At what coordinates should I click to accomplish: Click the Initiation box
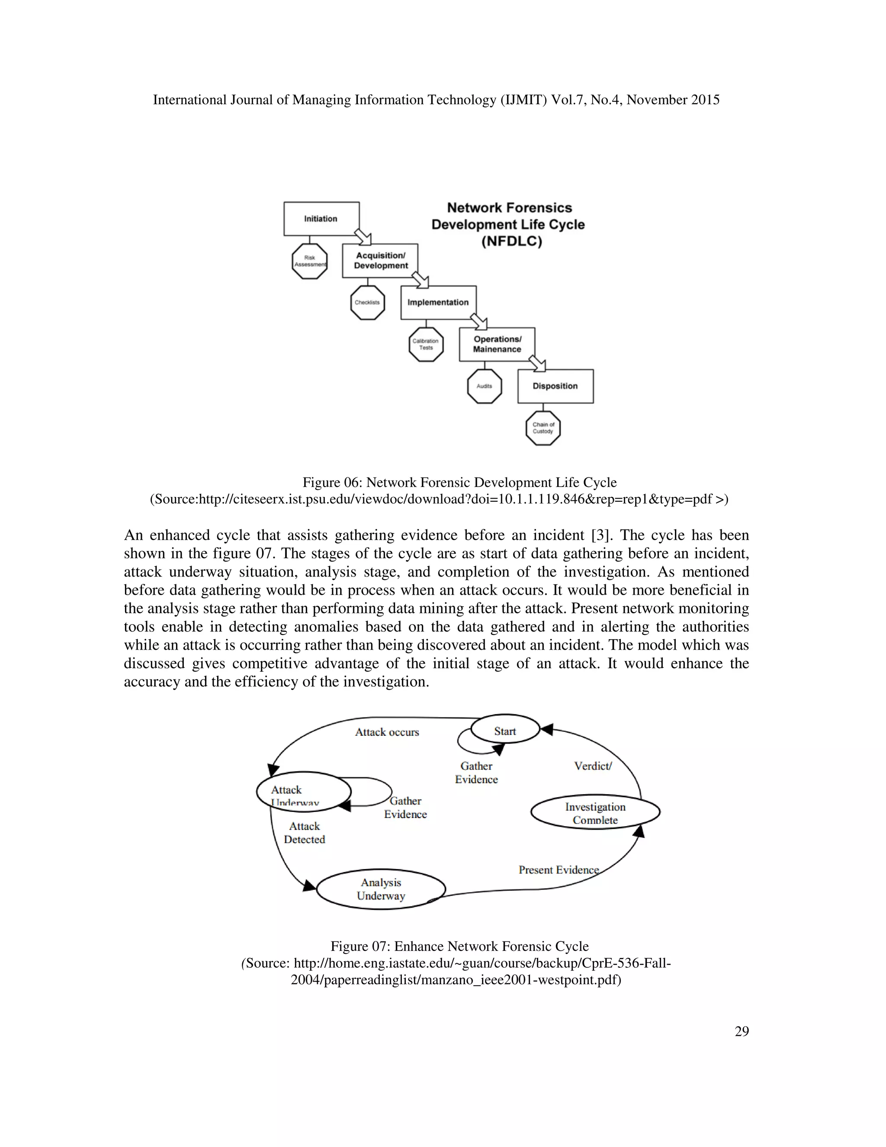(x=321, y=219)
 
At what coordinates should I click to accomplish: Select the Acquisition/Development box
(x=380, y=261)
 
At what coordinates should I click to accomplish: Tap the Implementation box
(x=438, y=303)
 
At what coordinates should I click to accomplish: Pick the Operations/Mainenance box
(x=497, y=345)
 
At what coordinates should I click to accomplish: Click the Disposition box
(x=555, y=386)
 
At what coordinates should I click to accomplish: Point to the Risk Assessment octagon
(x=310, y=261)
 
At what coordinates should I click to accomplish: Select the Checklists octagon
(x=367, y=303)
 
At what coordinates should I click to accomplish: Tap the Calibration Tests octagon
(x=426, y=345)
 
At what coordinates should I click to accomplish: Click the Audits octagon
(x=485, y=386)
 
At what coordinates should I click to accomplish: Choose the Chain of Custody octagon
(x=543, y=428)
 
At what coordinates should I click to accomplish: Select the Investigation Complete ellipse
(x=595, y=812)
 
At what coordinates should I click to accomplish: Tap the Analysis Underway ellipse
(x=381, y=889)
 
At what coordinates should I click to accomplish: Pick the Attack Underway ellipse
(x=303, y=792)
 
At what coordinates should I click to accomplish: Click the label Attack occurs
(x=387, y=732)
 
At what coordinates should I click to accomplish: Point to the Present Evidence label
(x=559, y=870)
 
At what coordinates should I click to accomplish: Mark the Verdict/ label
(x=593, y=766)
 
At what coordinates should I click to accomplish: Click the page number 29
(x=742, y=1031)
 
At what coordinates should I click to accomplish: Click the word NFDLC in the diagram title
(x=511, y=242)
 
